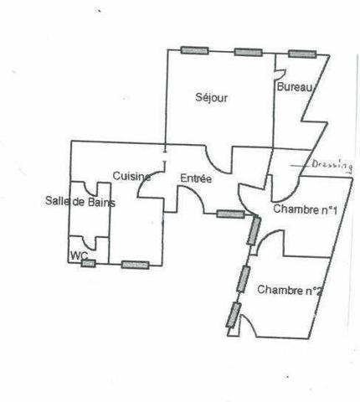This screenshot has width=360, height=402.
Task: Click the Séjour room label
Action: pyautogui.click(x=211, y=98)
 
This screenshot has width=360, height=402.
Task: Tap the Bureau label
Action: pyautogui.click(x=295, y=87)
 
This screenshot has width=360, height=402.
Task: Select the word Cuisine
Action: pyautogui.click(x=131, y=176)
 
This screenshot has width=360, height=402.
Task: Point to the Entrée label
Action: pyautogui.click(x=196, y=178)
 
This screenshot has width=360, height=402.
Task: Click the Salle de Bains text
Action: pyautogui.click(x=80, y=201)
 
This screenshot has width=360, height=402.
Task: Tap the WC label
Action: pyautogui.click(x=80, y=255)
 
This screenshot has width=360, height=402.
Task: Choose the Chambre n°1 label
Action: pyautogui.click(x=305, y=209)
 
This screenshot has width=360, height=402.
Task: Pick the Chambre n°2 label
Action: pyautogui.click(x=290, y=290)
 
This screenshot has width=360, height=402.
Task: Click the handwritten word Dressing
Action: pyautogui.click(x=332, y=165)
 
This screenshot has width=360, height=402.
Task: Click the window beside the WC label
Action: pyautogui.click(x=88, y=263)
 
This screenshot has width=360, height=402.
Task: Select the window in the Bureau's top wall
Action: pyautogui.click(x=302, y=54)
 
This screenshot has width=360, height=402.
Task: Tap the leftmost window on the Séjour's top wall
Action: pyautogui.click(x=194, y=50)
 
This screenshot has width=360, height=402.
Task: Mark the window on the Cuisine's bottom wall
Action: pyautogui.click(x=135, y=265)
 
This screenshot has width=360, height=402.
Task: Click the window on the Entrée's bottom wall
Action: pyautogui.click(x=230, y=214)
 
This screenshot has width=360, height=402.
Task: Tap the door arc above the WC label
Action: pyautogui.click(x=89, y=244)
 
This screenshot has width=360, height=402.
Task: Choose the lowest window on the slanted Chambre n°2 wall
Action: pyautogui.click(x=234, y=315)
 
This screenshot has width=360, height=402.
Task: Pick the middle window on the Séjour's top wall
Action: pyautogui.click(x=248, y=52)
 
